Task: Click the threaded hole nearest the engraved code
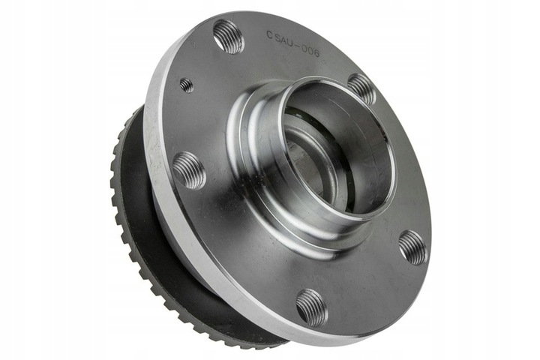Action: click(228, 36)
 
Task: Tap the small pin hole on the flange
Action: click(186, 85)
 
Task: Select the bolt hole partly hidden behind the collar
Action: click(361, 88)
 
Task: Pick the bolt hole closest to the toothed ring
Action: click(189, 170)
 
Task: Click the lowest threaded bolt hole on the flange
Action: click(311, 306)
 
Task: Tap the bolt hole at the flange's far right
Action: click(412, 247)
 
